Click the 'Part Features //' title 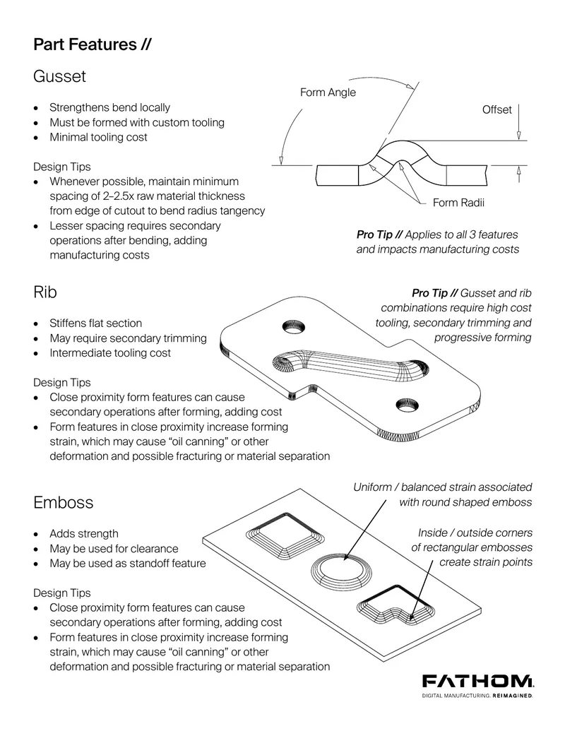tap(93, 44)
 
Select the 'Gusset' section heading tap(59, 76)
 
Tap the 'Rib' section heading tap(45, 292)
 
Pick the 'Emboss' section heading tap(64, 502)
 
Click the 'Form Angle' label tap(328, 93)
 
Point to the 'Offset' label tap(497, 109)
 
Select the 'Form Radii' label tap(458, 202)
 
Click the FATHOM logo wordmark tap(478, 681)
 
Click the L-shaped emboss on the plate tap(395, 605)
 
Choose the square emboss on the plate tap(285, 535)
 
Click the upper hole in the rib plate tap(295, 327)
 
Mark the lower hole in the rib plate tap(407, 405)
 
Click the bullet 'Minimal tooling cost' tap(98, 137)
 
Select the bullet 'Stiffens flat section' tap(95, 323)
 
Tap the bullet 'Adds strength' tap(84, 533)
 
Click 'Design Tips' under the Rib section tap(62, 382)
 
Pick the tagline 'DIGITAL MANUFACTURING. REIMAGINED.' tap(477, 696)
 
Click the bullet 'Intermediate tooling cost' tap(110, 353)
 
